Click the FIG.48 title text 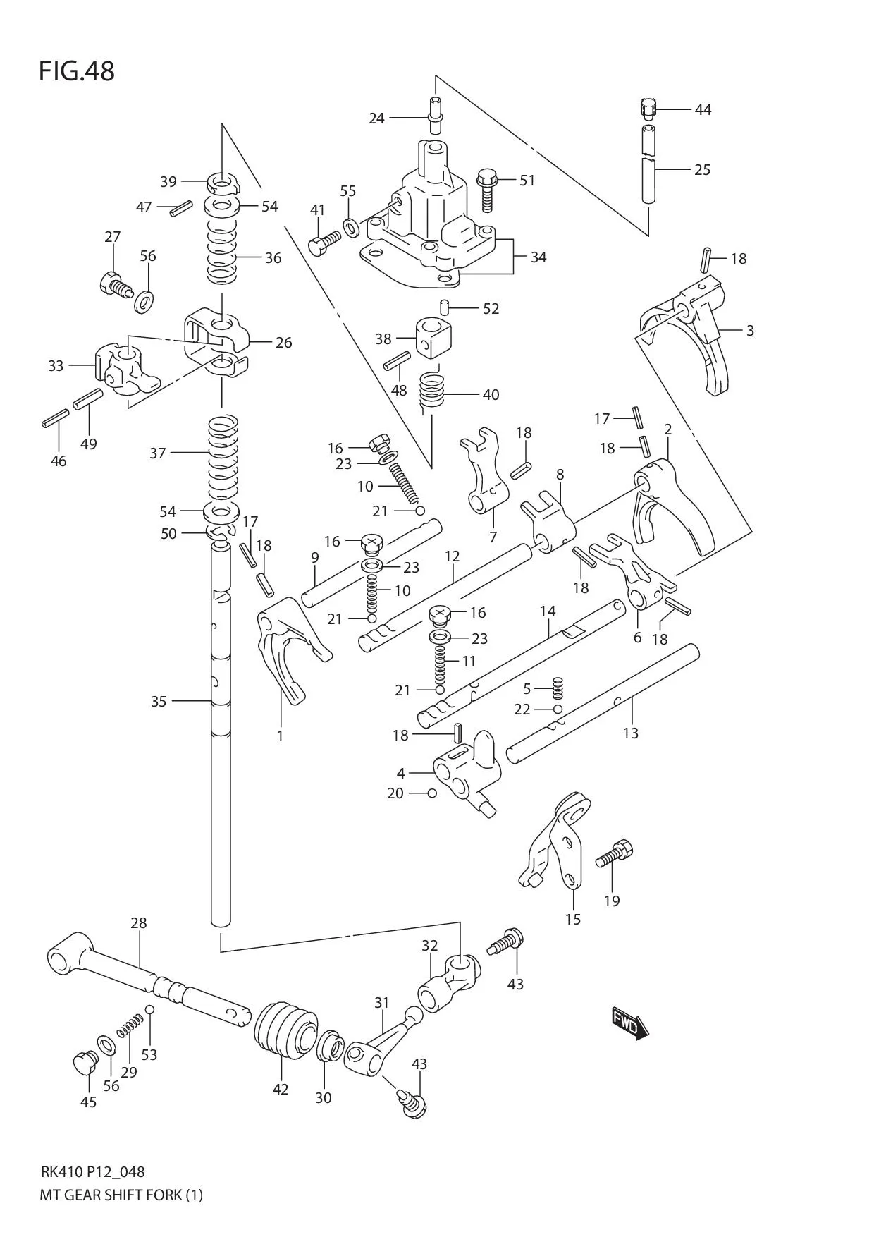[77, 71]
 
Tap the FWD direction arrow [629, 1024]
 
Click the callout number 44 [703, 109]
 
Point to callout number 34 [538, 257]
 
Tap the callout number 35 [159, 701]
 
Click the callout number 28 [139, 922]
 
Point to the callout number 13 [630, 733]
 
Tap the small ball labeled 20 [432, 793]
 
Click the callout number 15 [573, 919]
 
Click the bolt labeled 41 [323, 244]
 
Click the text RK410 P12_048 [92, 1172]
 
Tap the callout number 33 [56, 365]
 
